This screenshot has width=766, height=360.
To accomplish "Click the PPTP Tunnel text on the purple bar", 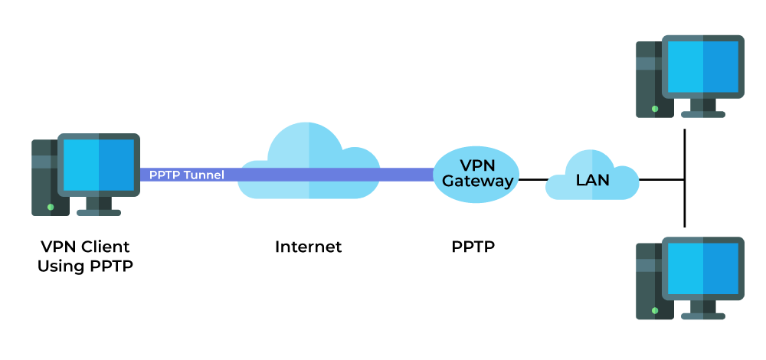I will [186, 175].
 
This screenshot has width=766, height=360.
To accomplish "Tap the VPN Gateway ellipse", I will [476, 174].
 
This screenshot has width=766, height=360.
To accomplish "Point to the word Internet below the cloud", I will [308, 247].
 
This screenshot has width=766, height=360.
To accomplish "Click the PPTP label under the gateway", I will [473, 247].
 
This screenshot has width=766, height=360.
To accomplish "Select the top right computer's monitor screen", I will [702, 67].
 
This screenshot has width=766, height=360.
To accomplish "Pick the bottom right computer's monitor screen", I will [702, 269].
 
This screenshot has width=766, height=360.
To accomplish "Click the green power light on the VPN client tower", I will [51, 207].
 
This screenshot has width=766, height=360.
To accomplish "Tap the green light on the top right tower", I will [654, 109].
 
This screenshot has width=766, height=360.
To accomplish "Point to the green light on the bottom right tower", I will [654, 310].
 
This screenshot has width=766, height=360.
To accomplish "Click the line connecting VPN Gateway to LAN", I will [532, 180].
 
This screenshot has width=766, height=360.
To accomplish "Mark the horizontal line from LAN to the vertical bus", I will [660, 180].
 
